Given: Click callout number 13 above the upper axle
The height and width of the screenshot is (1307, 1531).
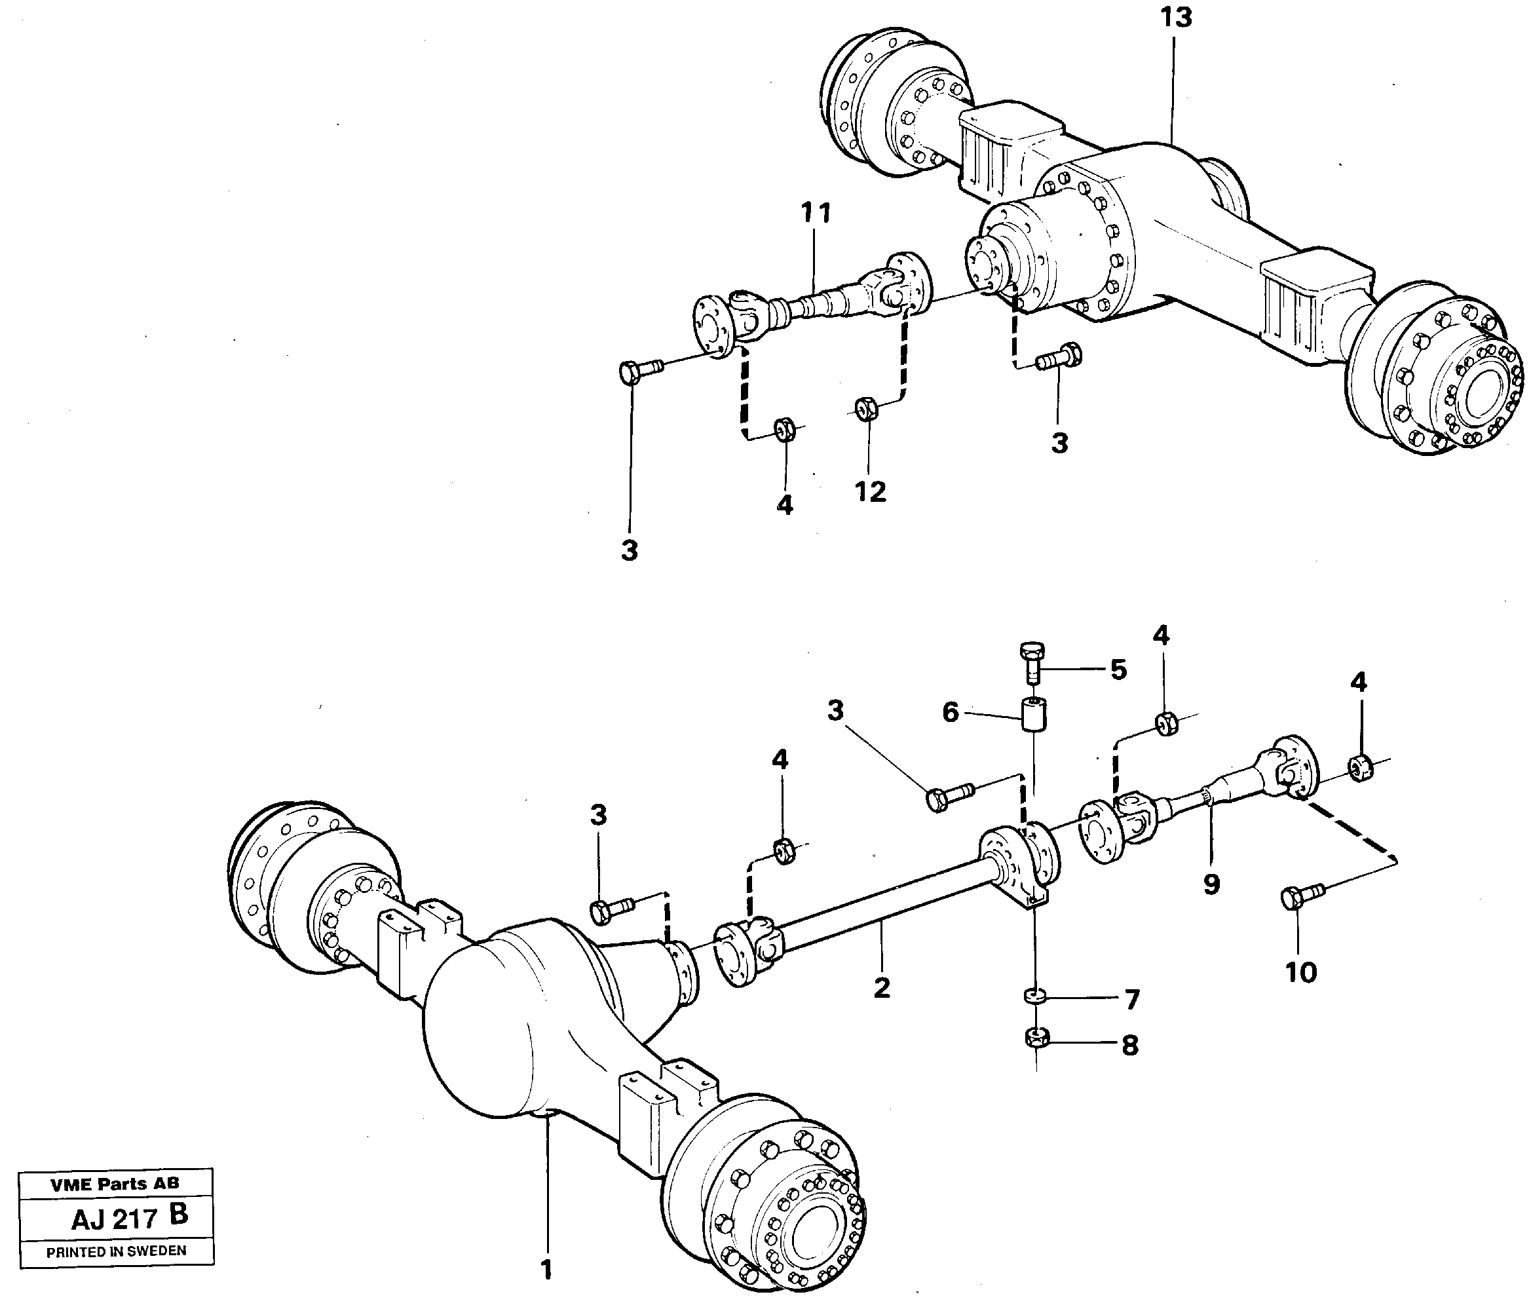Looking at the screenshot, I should (1175, 17).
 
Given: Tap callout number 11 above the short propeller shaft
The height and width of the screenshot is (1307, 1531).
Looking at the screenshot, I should (816, 214).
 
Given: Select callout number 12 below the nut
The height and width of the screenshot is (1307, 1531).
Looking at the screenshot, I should (870, 491).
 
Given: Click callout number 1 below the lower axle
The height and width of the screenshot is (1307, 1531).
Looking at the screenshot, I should (546, 1270).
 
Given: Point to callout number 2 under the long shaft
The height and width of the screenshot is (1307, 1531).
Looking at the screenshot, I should (882, 987).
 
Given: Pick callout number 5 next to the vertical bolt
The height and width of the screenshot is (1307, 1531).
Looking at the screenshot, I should (1118, 670).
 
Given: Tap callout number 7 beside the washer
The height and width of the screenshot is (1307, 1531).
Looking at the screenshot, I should (1132, 1000).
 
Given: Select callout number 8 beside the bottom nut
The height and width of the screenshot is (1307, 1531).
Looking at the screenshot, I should (1130, 1045).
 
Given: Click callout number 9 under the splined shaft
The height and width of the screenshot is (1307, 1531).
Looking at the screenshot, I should (1211, 884).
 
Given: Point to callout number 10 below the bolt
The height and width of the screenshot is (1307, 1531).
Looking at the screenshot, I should (1300, 972).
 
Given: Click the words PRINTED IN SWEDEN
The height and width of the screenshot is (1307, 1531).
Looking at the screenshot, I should (116, 1251).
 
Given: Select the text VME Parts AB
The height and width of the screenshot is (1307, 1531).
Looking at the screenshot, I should (115, 1184).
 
